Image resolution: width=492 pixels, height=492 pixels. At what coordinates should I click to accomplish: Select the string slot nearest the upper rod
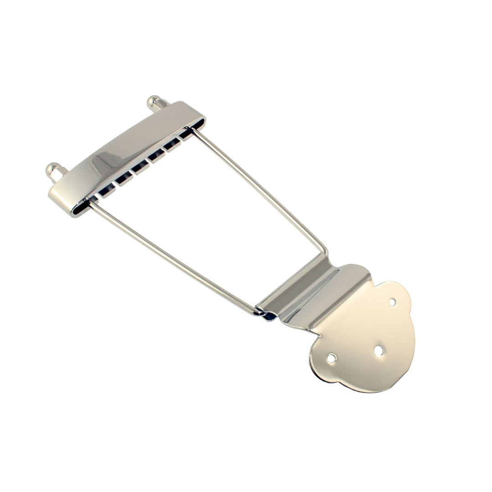point(184,134)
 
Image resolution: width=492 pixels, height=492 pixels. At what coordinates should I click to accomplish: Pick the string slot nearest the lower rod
point(105,191)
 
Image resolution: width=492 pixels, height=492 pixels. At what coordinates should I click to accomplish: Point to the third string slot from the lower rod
point(138,168)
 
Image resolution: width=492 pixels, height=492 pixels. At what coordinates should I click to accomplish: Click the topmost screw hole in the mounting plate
point(392,302)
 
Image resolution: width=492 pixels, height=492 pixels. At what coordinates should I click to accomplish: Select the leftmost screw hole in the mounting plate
point(331,359)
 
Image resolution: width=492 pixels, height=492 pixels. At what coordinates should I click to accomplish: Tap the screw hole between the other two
point(379,350)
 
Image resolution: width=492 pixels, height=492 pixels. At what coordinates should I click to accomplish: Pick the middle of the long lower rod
point(175,258)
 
